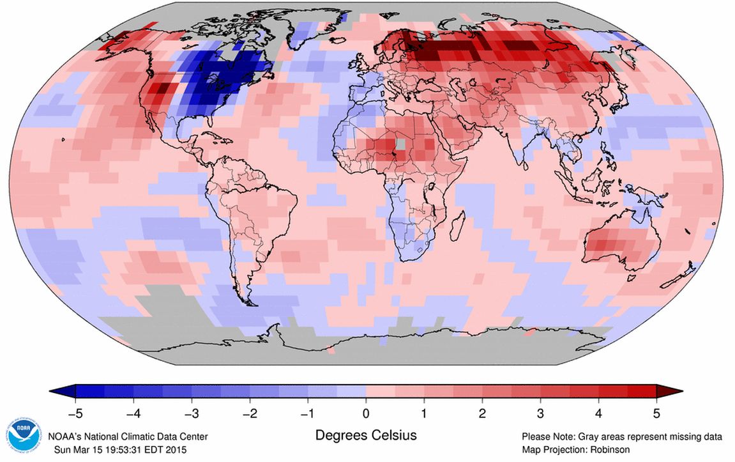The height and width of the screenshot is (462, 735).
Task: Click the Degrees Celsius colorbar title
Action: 366,436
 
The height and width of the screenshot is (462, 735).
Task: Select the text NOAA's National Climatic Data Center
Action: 128,436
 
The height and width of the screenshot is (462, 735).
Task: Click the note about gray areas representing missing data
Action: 621,437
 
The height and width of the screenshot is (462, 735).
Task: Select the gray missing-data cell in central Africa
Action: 399,145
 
